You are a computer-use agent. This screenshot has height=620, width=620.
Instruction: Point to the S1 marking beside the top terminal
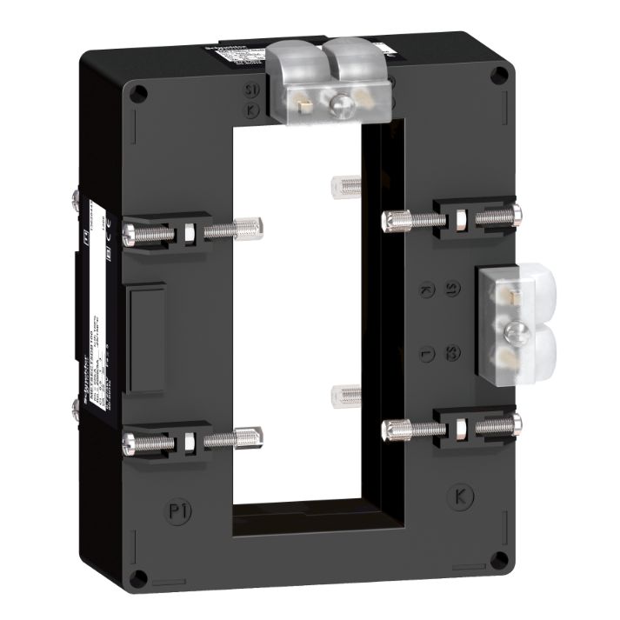(250, 89)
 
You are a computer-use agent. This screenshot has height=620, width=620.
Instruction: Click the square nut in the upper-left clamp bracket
(189, 232)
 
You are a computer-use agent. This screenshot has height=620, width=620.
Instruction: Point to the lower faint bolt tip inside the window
(342, 396)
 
